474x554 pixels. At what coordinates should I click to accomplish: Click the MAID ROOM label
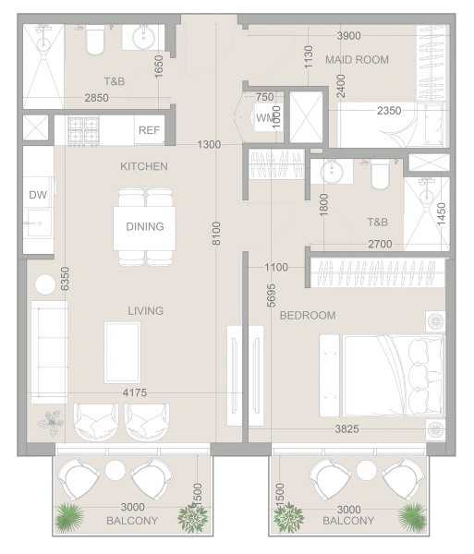click(357, 60)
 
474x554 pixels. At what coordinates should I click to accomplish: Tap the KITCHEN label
click(144, 166)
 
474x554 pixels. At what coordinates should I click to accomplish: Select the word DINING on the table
click(145, 226)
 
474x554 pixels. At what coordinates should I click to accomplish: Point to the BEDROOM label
click(308, 315)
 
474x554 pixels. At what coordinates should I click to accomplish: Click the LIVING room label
click(146, 310)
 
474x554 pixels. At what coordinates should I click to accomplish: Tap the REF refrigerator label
click(149, 130)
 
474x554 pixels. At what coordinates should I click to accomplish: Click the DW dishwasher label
click(38, 195)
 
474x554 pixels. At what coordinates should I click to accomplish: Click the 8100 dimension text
click(216, 234)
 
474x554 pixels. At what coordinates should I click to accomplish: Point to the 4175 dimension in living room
click(135, 392)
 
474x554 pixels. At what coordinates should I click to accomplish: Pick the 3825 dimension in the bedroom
click(346, 429)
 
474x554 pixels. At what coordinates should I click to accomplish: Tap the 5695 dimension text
click(271, 295)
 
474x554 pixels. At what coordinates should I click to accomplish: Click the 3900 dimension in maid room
click(349, 36)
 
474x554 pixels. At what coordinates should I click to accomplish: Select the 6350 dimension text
click(65, 279)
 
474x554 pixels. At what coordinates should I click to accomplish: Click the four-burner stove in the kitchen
click(84, 131)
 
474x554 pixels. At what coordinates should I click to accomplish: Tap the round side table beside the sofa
click(45, 284)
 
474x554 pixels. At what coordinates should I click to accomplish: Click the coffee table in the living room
click(122, 353)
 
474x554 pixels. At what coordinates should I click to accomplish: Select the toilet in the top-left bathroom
click(95, 41)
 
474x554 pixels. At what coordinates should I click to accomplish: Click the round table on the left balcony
click(115, 471)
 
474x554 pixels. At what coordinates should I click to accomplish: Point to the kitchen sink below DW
click(38, 223)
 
